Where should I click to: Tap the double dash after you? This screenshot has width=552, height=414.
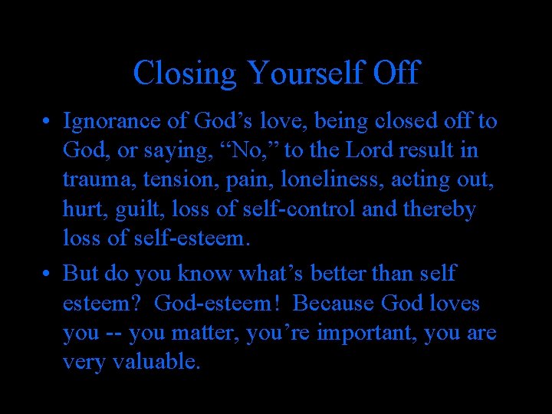click(x=113, y=333)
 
